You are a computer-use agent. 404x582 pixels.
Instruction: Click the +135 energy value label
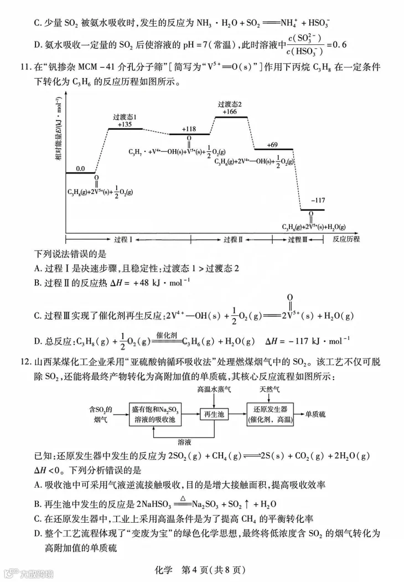(x=125, y=124)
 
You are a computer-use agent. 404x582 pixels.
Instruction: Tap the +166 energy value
(x=230, y=111)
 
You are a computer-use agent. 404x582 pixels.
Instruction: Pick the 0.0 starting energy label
(x=81, y=168)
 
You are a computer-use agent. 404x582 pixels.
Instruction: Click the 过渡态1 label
(x=125, y=117)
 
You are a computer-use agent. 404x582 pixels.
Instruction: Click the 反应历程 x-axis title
(x=346, y=239)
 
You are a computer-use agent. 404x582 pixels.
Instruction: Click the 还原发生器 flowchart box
(x=271, y=414)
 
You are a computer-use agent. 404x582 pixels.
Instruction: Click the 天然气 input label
(x=271, y=390)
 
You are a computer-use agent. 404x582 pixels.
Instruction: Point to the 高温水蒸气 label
(x=214, y=390)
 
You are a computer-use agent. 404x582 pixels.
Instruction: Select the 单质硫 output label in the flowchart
(x=315, y=414)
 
